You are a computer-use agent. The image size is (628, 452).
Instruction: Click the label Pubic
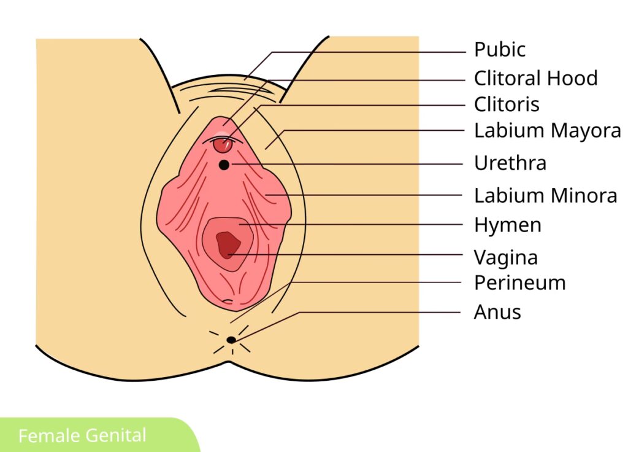(x=500, y=50)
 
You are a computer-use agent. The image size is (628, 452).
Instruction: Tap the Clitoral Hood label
(x=535, y=79)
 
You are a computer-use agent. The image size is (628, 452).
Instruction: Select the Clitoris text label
(x=507, y=104)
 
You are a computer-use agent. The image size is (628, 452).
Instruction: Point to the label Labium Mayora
(x=547, y=131)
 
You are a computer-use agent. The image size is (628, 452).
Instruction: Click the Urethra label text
(x=510, y=163)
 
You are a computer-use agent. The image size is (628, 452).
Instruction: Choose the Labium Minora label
(x=545, y=196)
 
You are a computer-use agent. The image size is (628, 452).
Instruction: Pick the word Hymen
(x=507, y=225)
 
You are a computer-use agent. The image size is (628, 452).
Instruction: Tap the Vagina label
(x=505, y=257)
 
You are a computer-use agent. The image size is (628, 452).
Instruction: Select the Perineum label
(x=519, y=283)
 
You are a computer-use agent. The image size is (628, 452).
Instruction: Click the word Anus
(x=497, y=312)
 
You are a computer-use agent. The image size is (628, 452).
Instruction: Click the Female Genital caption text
(x=82, y=436)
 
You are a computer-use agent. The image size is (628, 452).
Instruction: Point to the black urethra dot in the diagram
(x=224, y=165)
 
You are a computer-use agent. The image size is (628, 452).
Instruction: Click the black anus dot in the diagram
(x=231, y=340)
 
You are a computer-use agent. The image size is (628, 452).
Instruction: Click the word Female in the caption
(x=50, y=436)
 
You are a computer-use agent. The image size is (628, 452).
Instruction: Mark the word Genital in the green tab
(x=116, y=436)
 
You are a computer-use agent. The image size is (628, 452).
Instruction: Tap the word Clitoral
(x=508, y=79)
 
